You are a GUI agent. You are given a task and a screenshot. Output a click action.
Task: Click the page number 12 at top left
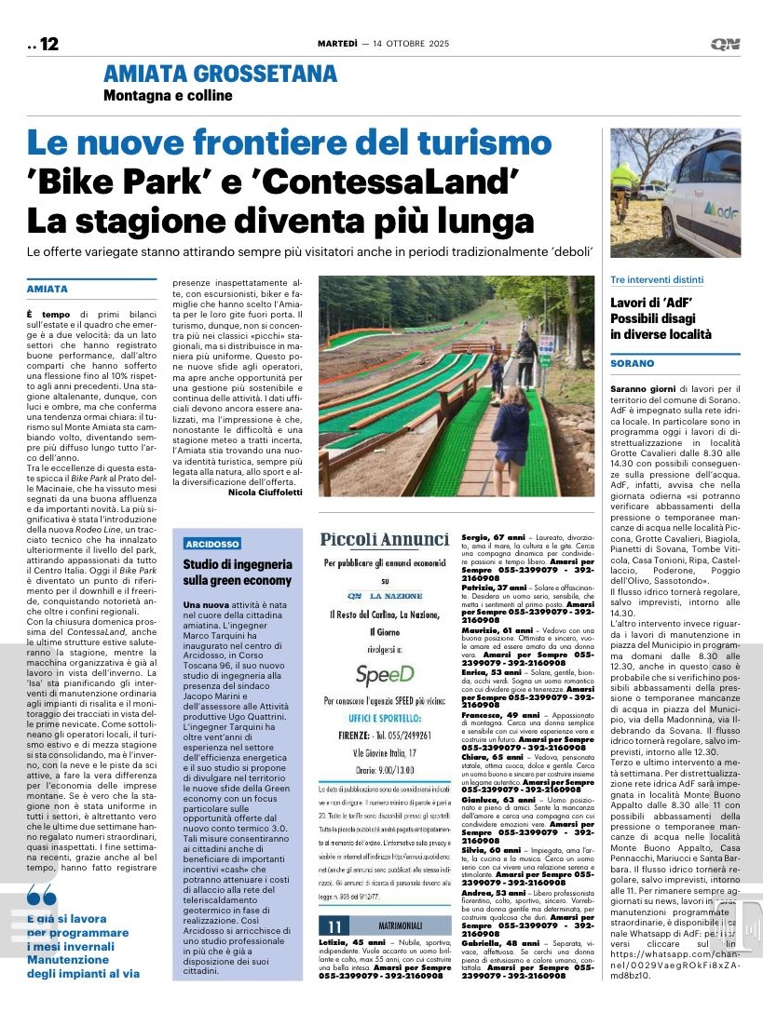[48, 44]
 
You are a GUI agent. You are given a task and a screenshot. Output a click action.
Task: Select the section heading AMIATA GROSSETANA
[220, 74]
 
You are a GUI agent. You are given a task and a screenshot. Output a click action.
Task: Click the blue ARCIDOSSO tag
[212, 544]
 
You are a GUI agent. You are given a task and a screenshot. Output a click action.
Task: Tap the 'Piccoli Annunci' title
[384, 540]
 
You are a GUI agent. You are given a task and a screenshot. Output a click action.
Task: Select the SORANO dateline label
[633, 364]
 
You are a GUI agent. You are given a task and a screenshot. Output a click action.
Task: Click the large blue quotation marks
[42, 896]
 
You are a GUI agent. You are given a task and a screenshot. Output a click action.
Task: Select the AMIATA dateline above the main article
[48, 290]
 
